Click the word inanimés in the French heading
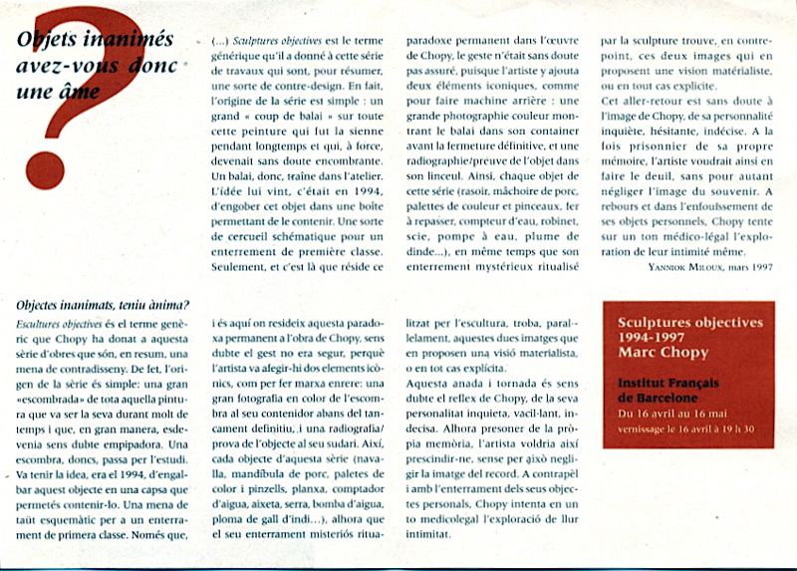(119, 42)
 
